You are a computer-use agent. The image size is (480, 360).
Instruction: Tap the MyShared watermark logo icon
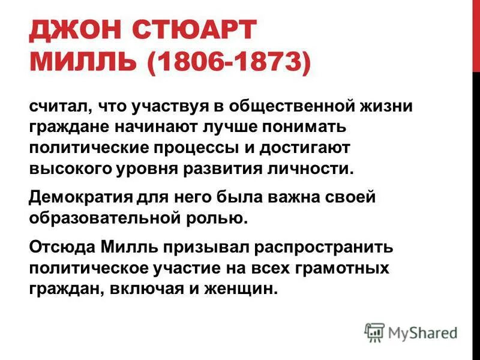[x=374, y=331]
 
